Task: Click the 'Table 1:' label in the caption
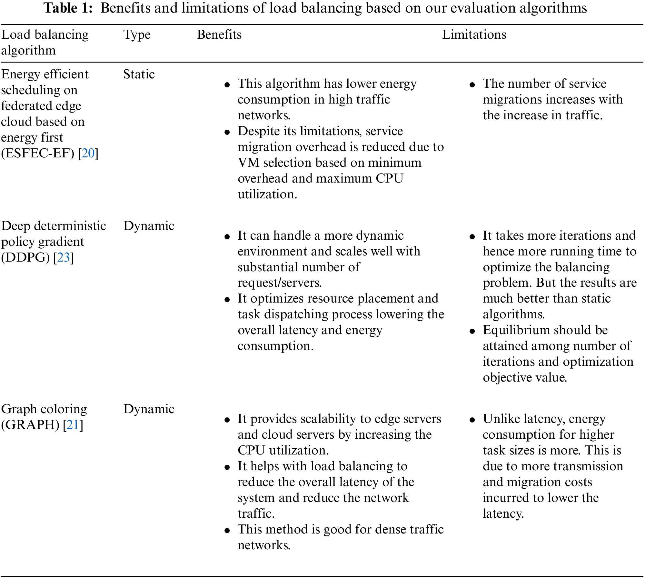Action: [68, 8]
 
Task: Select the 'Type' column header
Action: [137, 35]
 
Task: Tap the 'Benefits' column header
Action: [219, 35]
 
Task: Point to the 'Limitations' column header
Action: [474, 35]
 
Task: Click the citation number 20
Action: [88, 153]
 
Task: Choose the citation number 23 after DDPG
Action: [64, 257]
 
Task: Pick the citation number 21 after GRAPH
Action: [73, 425]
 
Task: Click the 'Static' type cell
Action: [139, 75]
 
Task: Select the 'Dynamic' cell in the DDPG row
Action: [149, 226]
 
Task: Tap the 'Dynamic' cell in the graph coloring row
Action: [149, 409]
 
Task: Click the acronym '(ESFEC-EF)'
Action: [38, 153]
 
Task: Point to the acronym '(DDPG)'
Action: [25, 257]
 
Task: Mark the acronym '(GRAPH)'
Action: [30, 425]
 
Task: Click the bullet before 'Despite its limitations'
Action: [227, 132]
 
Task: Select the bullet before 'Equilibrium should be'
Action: [472, 331]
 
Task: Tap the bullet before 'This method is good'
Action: [227, 531]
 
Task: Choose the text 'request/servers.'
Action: [280, 283]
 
